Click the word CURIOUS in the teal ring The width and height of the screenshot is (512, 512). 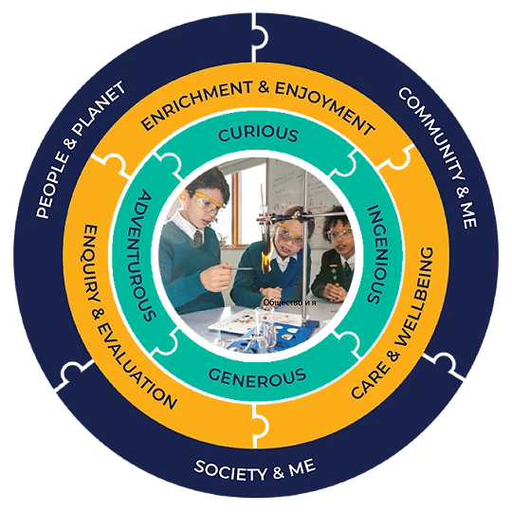(x=258, y=134)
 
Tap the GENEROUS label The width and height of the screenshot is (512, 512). (x=257, y=377)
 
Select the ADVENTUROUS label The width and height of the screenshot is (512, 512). (x=145, y=256)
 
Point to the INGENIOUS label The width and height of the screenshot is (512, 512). (x=375, y=254)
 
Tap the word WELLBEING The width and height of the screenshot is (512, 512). (x=413, y=297)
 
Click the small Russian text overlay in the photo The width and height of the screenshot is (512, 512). (x=289, y=302)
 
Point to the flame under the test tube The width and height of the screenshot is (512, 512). (x=266, y=258)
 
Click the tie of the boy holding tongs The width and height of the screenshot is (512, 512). (x=198, y=238)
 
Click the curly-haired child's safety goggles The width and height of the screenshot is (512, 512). (x=340, y=234)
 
